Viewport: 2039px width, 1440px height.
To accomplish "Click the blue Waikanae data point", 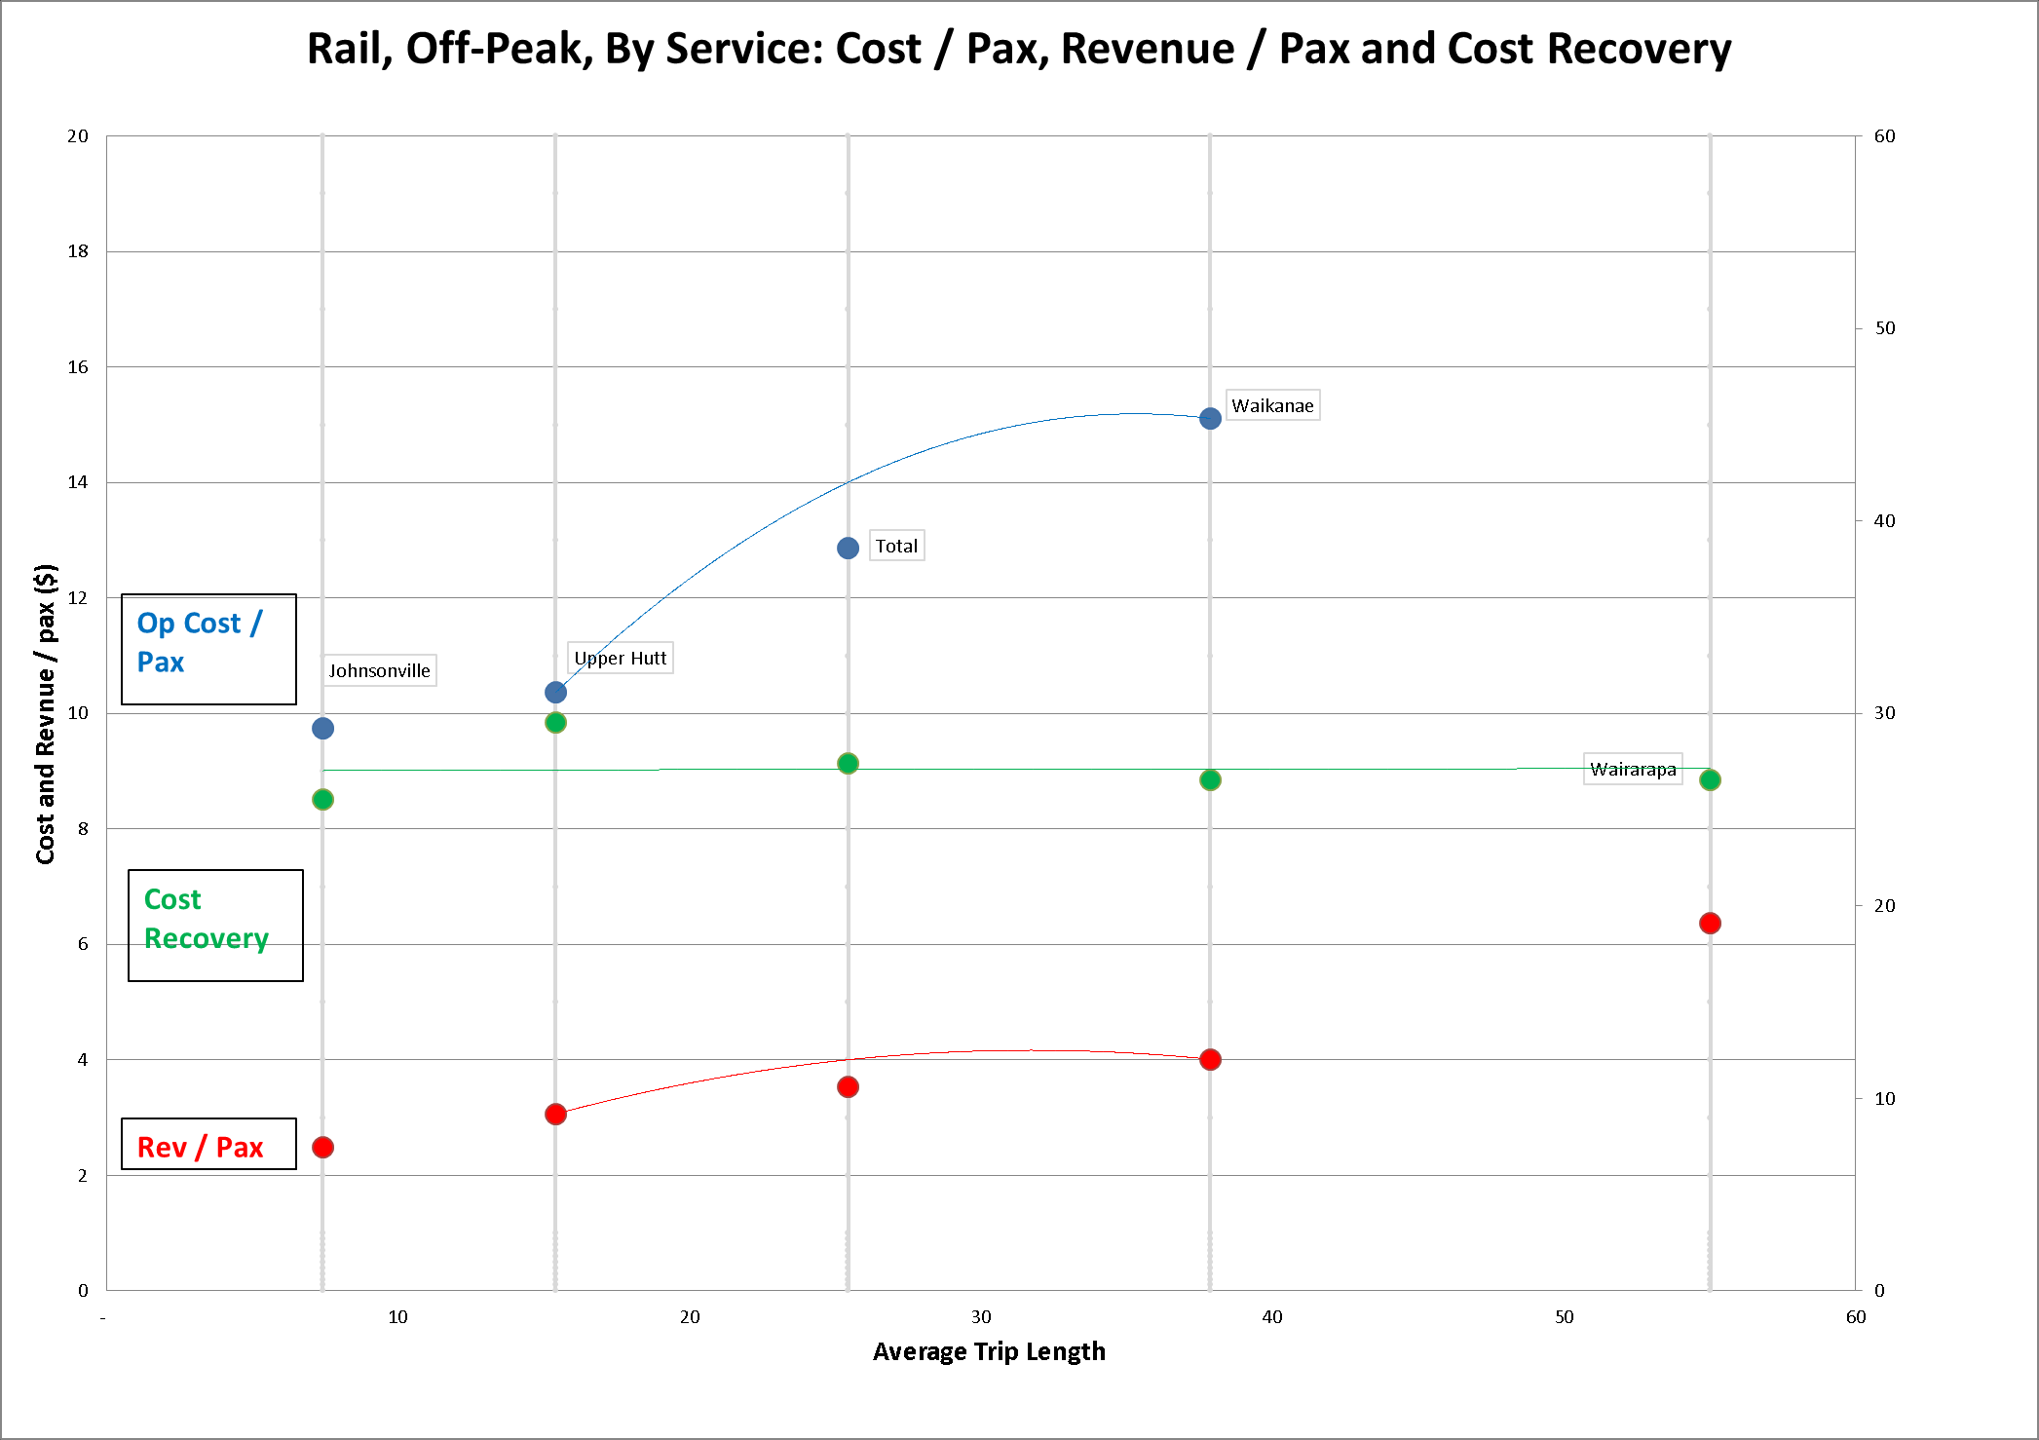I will (x=1210, y=418).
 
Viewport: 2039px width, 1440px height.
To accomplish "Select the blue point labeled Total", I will (x=848, y=548).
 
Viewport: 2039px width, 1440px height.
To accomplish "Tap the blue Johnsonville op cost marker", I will (x=322, y=728).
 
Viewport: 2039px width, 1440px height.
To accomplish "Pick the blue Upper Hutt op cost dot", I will (x=555, y=692).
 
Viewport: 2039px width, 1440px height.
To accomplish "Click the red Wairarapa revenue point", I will (x=1710, y=923).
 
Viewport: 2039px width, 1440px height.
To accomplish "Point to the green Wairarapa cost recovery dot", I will (x=1710, y=779).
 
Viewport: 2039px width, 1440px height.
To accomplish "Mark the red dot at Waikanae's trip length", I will (x=1210, y=1059).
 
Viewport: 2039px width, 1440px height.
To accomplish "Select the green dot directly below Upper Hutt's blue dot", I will (x=555, y=722).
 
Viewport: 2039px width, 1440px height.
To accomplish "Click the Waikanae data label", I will (x=1272, y=405).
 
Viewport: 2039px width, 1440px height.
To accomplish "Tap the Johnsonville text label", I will (x=379, y=670).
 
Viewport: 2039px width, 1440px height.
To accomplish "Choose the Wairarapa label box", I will (x=1633, y=769).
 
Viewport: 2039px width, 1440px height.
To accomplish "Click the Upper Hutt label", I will (x=620, y=658).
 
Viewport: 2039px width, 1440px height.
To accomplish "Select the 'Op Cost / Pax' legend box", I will (x=208, y=649).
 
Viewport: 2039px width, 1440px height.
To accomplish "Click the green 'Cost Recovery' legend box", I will (x=215, y=925).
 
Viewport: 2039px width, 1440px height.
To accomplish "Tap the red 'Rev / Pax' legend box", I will (x=208, y=1144).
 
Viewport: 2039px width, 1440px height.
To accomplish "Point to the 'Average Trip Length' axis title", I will (x=989, y=1351).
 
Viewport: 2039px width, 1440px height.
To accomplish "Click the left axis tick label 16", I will (x=78, y=366).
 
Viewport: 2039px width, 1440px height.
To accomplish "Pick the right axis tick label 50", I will (x=1885, y=327).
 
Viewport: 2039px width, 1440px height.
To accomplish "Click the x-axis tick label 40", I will (x=1271, y=1317).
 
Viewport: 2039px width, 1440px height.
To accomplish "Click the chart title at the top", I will (x=1019, y=49).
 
